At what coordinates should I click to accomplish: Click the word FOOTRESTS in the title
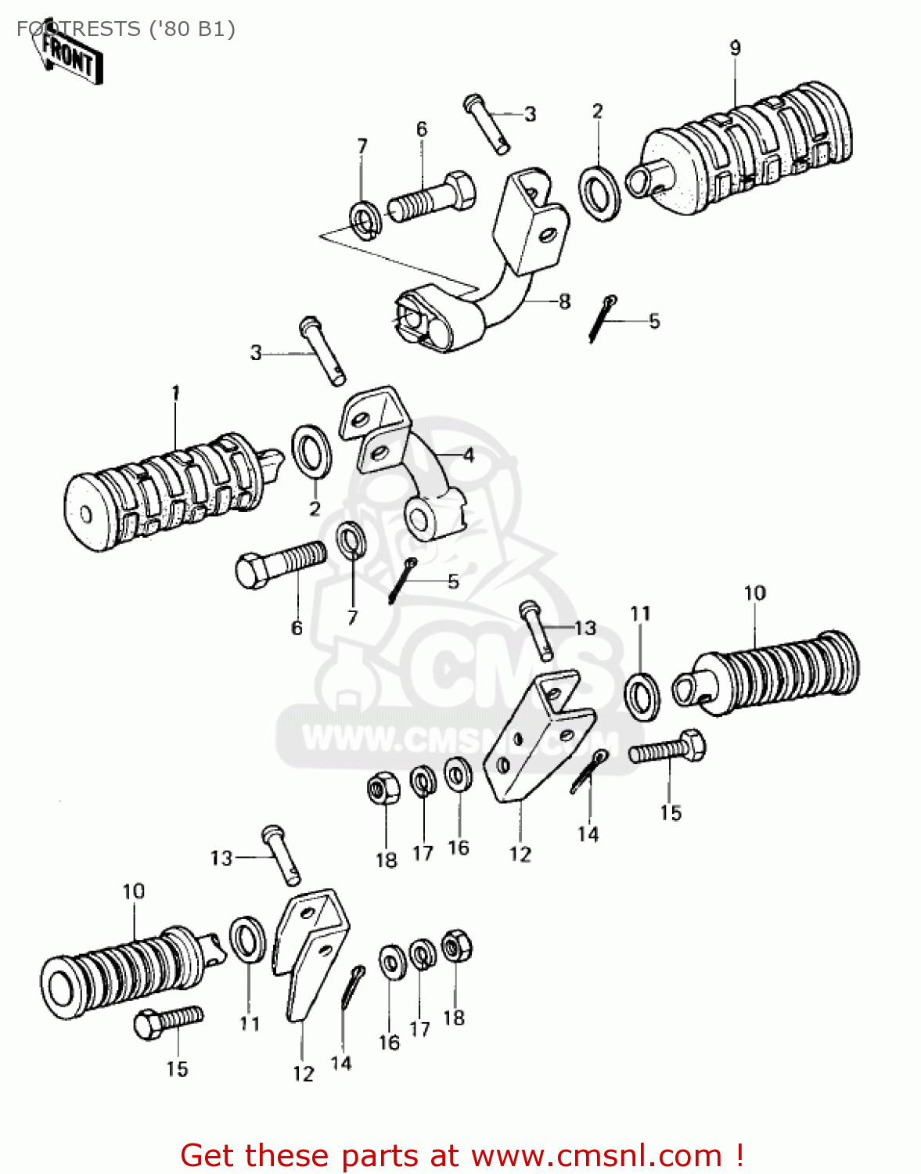coord(78,29)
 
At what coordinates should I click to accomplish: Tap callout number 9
coord(735,48)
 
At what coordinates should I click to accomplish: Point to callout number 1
coord(175,391)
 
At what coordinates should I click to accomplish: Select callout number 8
coord(564,301)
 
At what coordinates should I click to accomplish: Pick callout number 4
coord(468,455)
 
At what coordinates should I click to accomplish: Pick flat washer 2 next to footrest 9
coord(599,191)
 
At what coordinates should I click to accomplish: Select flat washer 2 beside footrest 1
coord(311,452)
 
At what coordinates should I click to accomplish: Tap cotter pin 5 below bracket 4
coord(400,581)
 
